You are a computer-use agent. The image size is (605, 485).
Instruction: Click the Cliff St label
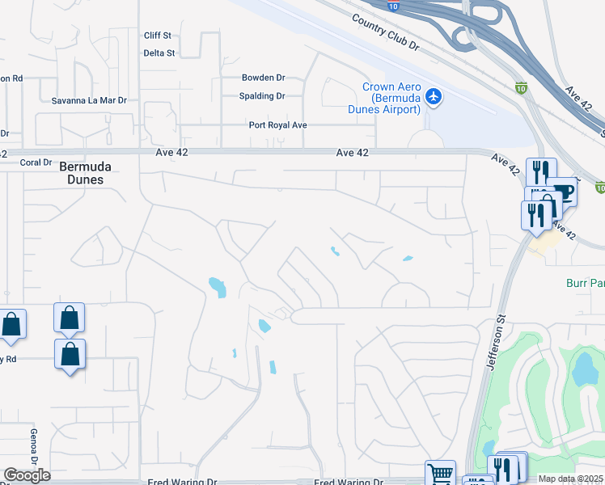tap(158, 36)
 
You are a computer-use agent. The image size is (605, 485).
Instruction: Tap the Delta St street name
tap(159, 53)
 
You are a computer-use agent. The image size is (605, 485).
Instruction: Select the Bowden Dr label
tap(264, 78)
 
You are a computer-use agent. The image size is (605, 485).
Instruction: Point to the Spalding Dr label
tap(264, 95)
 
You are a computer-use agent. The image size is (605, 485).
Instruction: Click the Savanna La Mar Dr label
tap(90, 100)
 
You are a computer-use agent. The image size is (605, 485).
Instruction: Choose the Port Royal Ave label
tap(278, 125)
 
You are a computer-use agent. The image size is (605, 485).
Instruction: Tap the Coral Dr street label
tap(36, 162)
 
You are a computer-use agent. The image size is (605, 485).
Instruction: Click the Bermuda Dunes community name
tap(85, 173)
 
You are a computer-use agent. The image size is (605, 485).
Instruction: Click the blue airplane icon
tap(434, 97)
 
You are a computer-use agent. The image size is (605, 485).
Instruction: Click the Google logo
tap(27, 475)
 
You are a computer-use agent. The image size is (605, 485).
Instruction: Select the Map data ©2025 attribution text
tap(571, 479)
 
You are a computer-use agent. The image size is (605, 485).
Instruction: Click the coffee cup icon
tap(562, 192)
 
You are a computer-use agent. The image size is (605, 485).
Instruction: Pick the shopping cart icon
tap(440, 474)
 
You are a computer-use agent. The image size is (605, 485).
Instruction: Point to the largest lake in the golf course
tap(582, 369)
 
